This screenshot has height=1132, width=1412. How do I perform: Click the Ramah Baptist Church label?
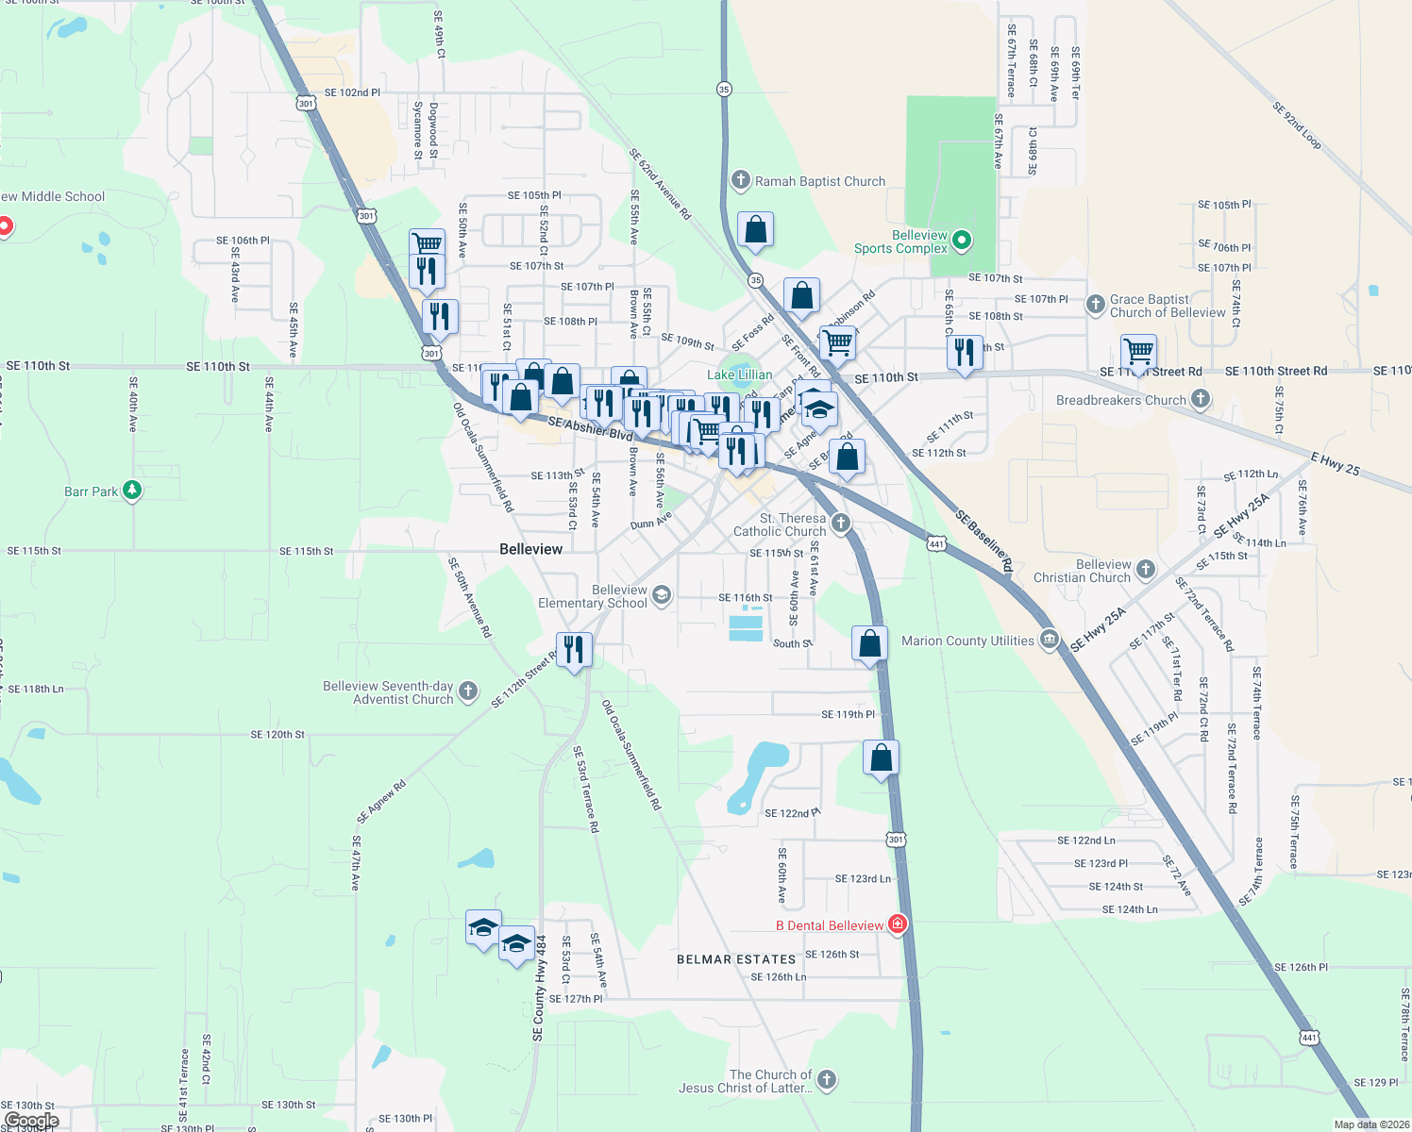pos(819,181)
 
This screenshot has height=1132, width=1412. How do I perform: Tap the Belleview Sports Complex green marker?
pos(962,241)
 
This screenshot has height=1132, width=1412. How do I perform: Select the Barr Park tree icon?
pos(132,491)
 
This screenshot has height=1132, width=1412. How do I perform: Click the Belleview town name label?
pos(530,549)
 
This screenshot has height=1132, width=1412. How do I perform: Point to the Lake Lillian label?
pos(739,375)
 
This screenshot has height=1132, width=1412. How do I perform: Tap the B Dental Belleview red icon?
pos(898,924)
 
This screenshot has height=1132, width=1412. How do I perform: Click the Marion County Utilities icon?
pos(1049,641)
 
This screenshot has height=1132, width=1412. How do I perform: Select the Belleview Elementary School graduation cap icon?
pos(661,594)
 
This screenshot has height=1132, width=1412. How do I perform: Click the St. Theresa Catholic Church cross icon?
pos(840,523)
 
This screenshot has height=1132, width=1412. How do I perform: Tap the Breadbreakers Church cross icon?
pos(1200,399)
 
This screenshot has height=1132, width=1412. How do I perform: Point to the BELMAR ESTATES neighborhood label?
pos(736,959)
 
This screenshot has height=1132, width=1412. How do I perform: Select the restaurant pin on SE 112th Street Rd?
pos(574,650)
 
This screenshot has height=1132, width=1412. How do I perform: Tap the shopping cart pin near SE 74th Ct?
pos(1138,352)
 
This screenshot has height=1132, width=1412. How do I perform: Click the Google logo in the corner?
pos(31,1121)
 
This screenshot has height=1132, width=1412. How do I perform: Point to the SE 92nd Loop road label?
pos(1296,125)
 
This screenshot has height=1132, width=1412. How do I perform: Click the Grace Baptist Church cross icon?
pos(1095,304)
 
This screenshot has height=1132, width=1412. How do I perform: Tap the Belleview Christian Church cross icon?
pos(1145,569)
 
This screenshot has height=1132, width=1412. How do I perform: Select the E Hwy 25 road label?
pos(1335,463)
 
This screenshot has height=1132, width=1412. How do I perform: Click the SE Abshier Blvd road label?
pos(590,428)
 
